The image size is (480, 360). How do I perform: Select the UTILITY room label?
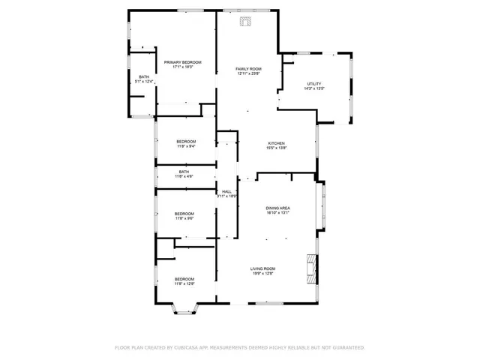click(x=314, y=83)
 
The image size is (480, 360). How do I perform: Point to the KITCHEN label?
click(x=277, y=143)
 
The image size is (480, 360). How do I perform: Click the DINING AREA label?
click(x=277, y=208)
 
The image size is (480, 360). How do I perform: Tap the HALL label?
click(x=226, y=191)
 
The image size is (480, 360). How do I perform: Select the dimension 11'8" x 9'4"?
click(x=186, y=146)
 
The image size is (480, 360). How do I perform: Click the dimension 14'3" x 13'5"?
click(x=314, y=88)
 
